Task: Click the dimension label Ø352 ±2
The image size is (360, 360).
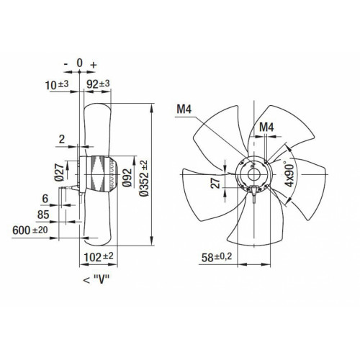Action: [144, 178]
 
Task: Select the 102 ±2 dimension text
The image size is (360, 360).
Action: [99, 257]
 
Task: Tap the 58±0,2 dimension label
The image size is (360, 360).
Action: [217, 257]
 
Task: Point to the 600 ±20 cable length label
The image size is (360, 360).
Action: [30, 230]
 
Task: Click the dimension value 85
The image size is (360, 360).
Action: [43, 215]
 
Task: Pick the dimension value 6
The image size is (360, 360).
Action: [45, 199]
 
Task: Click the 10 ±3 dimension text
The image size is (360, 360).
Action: [57, 85]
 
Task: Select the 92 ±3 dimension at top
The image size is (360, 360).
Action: [98, 84]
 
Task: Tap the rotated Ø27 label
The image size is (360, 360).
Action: [59, 172]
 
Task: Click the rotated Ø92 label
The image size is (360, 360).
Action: [127, 178]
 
